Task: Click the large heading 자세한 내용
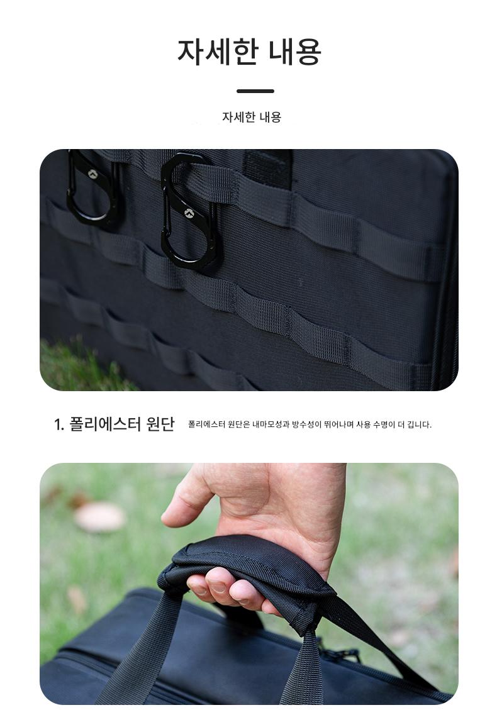(x=249, y=52)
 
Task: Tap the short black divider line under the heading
(x=255, y=91)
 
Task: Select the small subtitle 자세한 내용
(x=252, y=117)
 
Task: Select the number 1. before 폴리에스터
(x=59, y=424)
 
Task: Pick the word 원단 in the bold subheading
(x=160, y=424)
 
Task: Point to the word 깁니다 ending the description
(x=419, y=424)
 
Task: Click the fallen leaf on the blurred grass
(x=99, y=516)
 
